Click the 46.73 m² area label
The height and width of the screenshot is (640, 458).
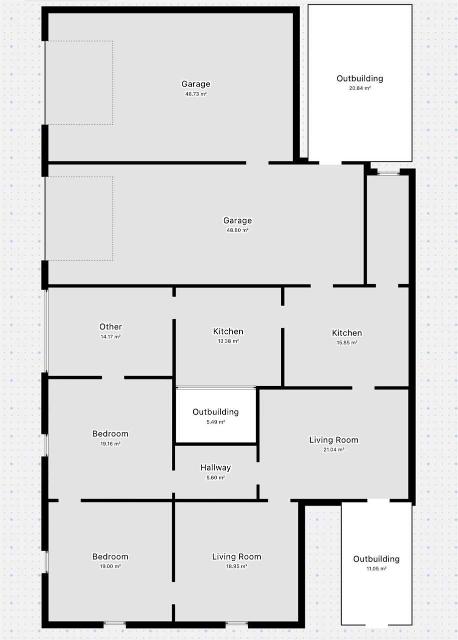click(196, 93)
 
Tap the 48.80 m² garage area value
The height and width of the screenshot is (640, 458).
click(237, 230)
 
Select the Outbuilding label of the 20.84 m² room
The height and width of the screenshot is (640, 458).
click(360, 78)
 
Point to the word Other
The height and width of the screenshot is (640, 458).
click(110, 326)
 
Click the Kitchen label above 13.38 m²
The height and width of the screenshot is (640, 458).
click(228, 331)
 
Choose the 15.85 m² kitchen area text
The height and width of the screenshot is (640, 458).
click(347, 342)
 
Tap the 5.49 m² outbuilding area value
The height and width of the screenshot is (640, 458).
click(216, 421)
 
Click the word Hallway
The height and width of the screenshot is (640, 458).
click(215, 467)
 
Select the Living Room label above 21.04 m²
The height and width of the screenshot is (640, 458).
click(334, 439)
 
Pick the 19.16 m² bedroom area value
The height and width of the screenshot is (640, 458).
click(110, 443)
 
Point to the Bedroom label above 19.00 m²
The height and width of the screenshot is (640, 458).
click(110, 556)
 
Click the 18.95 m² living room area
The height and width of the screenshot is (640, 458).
click(237, 566)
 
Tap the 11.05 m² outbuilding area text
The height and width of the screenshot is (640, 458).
click(377, 568)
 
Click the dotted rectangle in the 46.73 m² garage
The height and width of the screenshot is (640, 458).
click(113, 83)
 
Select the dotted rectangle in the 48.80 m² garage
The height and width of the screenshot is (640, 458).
click(113, 218)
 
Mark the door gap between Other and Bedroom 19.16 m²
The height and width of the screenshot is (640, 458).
click(113, 377)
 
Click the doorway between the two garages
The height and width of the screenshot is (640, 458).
click(257, 163)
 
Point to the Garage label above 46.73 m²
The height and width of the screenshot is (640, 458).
click(196, 83)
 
